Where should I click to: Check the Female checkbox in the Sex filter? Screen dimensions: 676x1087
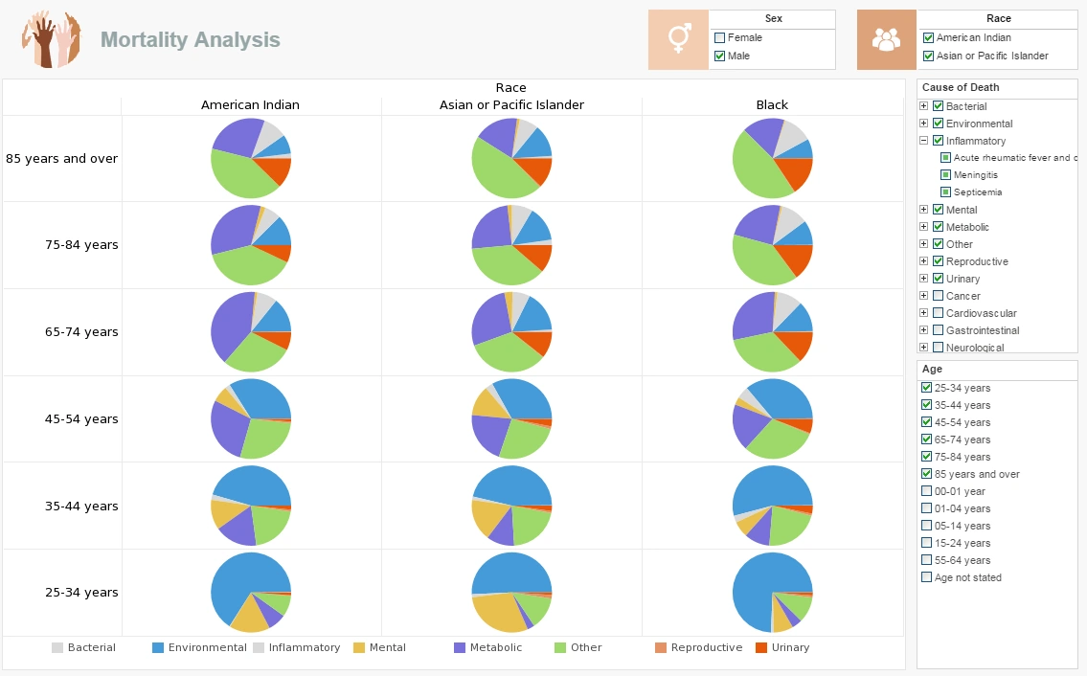pos(720,38)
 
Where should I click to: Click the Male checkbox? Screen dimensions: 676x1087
pos(720,56)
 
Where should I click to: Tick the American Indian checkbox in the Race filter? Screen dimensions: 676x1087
pos(928,38)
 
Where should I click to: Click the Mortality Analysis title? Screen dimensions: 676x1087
pos(191,39)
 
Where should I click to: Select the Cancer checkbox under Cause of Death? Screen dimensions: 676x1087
pos(939,296)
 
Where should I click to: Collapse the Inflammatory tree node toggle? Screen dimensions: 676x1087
pos(924,141)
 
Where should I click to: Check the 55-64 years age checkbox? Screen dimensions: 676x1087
pos(926,560)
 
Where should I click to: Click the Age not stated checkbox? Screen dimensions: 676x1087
pos(926,577)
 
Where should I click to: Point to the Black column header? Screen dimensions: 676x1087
pos(772,105)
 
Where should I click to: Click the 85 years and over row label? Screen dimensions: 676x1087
pos(62,158)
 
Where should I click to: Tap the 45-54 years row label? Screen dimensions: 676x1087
pos(81,419)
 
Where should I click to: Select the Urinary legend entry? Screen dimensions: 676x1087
pos(790,648)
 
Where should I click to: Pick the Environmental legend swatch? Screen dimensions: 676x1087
pos(158,648)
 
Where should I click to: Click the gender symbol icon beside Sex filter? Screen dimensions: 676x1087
pos(679,39)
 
